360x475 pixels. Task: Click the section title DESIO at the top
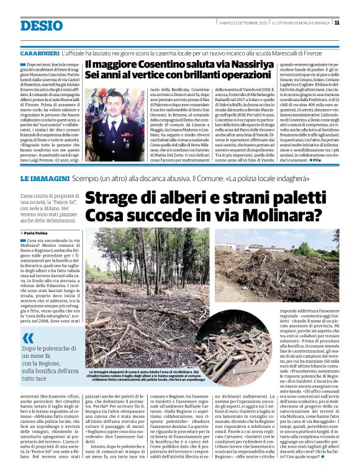point(42,25)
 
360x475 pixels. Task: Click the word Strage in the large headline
point(114,199)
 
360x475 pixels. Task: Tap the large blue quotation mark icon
point(28,338)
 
